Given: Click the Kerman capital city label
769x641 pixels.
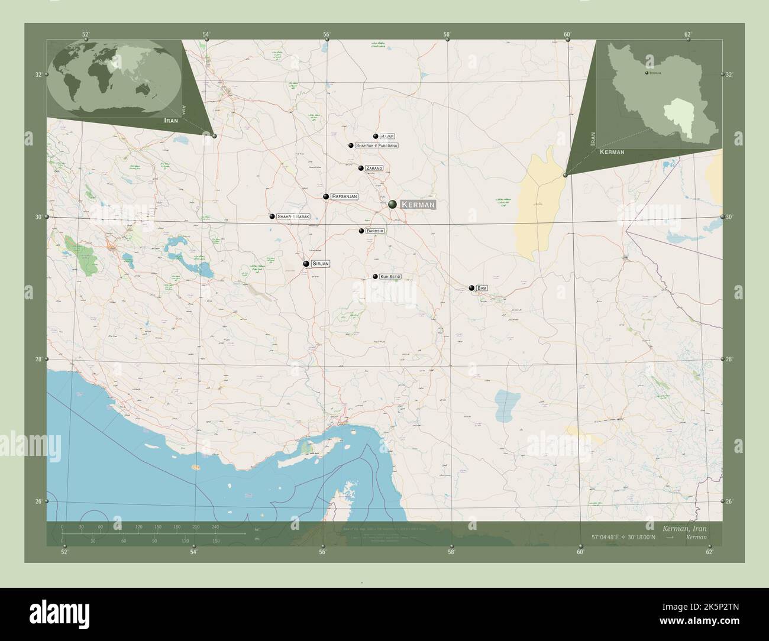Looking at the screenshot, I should tap(418, 205).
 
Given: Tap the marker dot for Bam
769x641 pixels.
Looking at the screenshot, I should tap(471, 288).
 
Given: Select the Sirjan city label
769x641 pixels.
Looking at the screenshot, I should tap(320, 263).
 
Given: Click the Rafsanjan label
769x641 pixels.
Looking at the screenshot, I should tap(344, 196).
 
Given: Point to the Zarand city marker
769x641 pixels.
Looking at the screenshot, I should tap(361, 168).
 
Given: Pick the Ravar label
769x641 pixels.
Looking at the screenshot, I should tap(388, 136).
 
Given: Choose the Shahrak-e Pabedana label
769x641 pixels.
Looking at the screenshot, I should tap(376, 145).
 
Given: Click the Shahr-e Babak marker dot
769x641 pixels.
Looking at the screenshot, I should tap(272, 216).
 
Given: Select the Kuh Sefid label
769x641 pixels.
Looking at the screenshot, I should tap(390, 276).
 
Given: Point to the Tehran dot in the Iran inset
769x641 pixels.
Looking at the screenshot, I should tap(647, 73).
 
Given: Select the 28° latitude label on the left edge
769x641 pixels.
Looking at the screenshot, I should tap(38, 360).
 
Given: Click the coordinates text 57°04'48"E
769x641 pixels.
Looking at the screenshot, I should tap(612, 537).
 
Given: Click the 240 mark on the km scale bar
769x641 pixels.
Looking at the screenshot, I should tap(215, 527).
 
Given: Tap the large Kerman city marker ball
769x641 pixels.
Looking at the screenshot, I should tap(393, 205).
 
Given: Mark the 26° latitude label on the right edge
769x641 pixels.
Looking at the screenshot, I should tap(729, 501).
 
